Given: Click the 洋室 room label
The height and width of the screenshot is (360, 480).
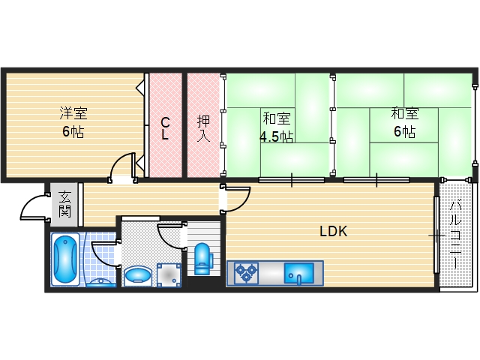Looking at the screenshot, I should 73,114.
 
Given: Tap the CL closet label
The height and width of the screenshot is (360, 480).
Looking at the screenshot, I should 166,130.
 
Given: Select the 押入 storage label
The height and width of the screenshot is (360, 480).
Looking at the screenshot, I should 203,129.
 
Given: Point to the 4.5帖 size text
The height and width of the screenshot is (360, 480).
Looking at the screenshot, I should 277,136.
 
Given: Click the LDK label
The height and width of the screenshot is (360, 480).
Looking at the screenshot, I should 333,232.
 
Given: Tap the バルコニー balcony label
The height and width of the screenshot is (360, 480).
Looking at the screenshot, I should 454,234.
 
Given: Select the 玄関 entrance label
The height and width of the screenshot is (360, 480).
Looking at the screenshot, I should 64,204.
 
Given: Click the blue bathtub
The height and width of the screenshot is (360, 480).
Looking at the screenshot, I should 66,258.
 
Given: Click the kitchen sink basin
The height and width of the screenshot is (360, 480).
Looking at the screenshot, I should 301,273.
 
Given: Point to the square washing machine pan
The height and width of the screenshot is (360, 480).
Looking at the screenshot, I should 170,274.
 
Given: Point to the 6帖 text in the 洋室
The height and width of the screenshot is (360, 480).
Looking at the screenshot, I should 73,132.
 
